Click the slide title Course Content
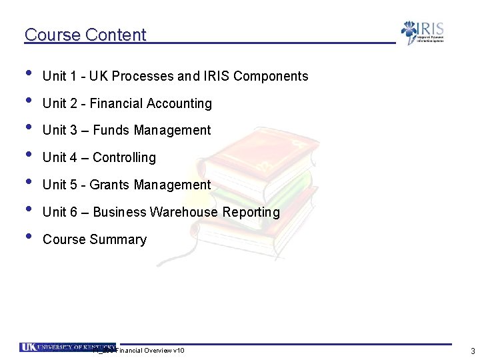point(85,35)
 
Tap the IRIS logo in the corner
point(422,33)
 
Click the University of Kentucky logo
point(67,347)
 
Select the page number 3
point(472,351)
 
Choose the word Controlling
point(124,158)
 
